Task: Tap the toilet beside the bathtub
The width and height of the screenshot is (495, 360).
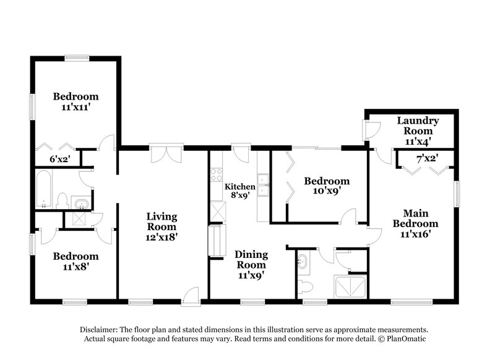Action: click(62, 200)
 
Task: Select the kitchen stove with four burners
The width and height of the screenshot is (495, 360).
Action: click(216, 173)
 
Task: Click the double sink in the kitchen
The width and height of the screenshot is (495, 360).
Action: click(264, 186)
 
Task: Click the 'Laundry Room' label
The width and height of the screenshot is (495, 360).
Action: click(418, 126)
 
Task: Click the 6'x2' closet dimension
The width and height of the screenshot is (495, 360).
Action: click(60, 159)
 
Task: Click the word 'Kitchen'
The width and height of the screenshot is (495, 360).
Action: click(239, 187)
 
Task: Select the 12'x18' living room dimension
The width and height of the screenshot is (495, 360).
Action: click(161, 237)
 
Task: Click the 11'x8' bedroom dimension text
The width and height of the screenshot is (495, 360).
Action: click(75, 267)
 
